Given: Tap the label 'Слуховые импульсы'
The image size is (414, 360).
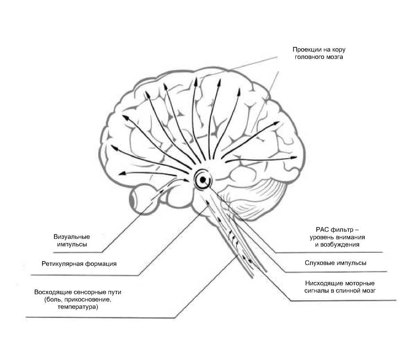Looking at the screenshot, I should tap(335, 263).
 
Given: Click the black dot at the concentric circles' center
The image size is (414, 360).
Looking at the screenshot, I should tap(202, 180).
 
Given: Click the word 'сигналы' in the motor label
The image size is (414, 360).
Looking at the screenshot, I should tap(317, 290).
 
